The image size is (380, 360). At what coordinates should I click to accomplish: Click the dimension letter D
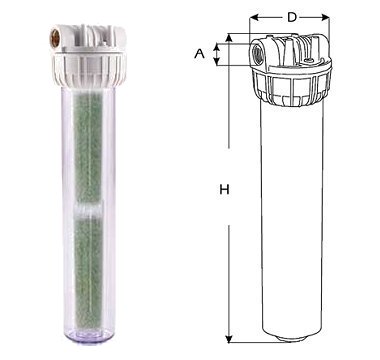click(x=292, y=17)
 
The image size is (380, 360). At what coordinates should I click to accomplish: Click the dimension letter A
click(x=199, y=53)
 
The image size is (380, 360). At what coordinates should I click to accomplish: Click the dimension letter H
click(x=225, y=190)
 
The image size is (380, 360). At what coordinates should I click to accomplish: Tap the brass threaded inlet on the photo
click(x=54, y=39)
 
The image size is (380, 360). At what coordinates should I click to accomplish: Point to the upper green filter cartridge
click(x=88, y=148)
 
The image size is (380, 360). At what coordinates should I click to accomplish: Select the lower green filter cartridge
click(x=88, y=271)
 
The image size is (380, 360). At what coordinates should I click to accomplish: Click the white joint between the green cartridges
click(x=88, y=210)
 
